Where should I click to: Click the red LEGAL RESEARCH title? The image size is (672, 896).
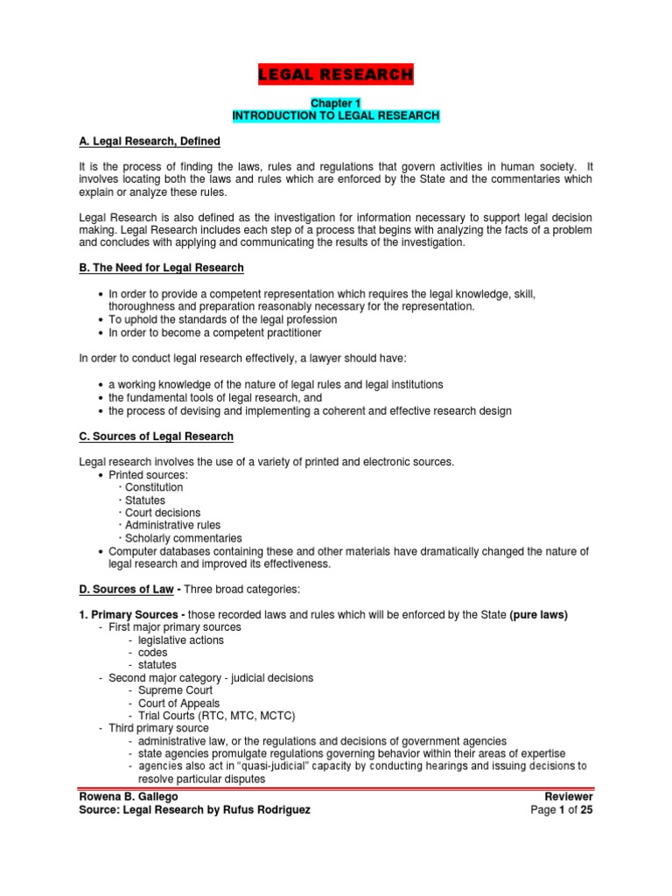point(335,75)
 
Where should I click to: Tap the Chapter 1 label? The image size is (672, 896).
point(335,103)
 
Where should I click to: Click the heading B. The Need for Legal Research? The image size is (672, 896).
point(161,268)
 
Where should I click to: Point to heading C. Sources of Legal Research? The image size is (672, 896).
point(156,436)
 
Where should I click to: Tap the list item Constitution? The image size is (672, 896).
point(154,487)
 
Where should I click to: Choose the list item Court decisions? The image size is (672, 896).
point(162,513)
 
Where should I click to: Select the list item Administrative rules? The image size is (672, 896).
point(172,525)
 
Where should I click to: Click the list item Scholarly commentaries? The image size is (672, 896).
point(183,538)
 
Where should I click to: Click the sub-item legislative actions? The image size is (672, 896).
point(180,640)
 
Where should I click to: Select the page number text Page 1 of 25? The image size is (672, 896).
point(562,810)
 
